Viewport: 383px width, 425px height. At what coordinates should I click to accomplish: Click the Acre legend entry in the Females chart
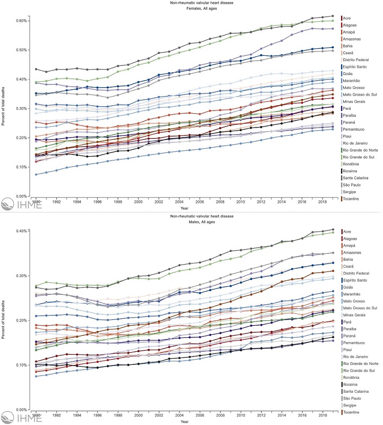(349, 18)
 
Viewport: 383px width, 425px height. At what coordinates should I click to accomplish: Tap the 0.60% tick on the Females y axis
(23, 20)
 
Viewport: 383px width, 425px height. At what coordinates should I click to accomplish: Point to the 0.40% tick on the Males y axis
(23, 231)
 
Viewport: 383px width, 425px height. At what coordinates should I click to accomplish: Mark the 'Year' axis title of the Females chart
(184, 208)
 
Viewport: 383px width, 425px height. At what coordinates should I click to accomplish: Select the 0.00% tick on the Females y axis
(23, 196)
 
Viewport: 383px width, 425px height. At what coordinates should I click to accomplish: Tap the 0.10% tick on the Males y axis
(23, 365)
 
